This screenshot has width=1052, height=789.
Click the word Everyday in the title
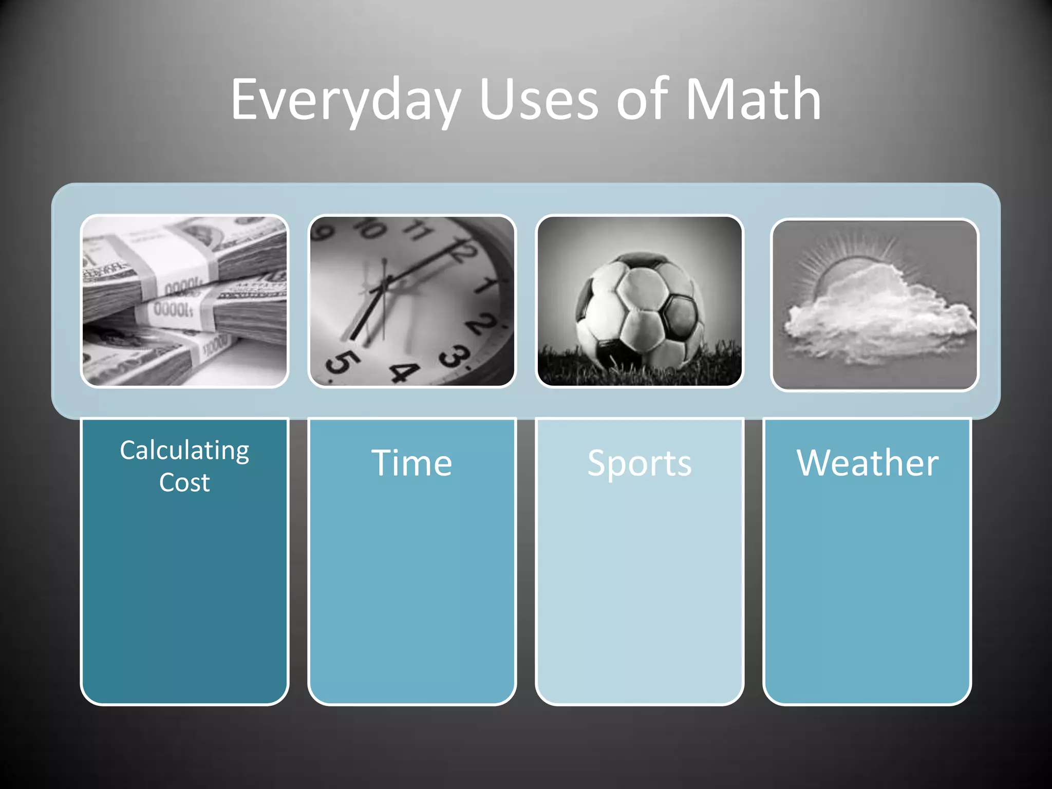(x=345, y=100)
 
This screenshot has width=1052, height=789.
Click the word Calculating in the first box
(x=184, y=450)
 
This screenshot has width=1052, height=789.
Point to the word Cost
(x=184, y=483)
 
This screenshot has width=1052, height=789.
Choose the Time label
(x=411, y=463)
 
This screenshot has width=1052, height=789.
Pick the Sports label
(x=640, y=463)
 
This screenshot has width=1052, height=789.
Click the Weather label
(x=868, y=463)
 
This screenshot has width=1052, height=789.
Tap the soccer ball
(x=638, y=311)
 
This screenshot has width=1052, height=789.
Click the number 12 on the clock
(x=462, y=252)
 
